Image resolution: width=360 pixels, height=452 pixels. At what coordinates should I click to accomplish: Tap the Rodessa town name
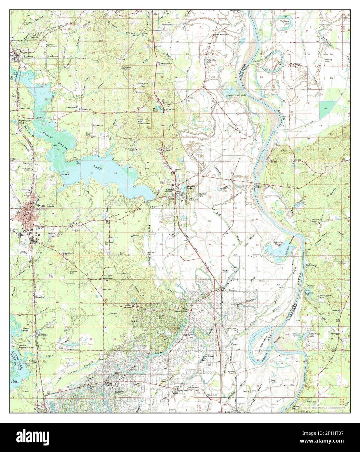pos(29,56)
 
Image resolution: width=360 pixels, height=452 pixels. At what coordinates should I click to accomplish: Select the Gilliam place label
pos(228,290)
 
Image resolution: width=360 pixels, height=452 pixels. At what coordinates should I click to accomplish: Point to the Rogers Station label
pos(26,347)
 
